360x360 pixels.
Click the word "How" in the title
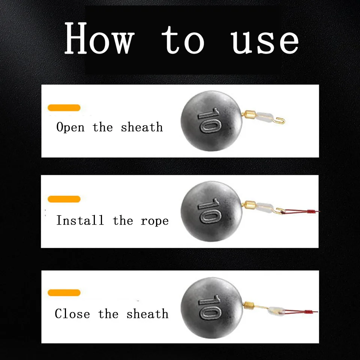(99, 38)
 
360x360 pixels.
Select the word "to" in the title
(183, 40)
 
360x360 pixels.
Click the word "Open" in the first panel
(70, 127)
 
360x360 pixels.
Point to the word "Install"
(80, 220)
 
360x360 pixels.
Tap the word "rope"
(154, 222)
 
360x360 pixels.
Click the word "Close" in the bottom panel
(72, 313)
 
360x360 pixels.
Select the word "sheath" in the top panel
(142, 127)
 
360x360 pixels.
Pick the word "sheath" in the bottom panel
(147, 313)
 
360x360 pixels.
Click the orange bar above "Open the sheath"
(64, 108)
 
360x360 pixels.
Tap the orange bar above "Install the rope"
(64, 199)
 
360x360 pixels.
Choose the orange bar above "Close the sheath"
(64, 293)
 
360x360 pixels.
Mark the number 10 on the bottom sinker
(210, 307)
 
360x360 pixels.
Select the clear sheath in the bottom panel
(276, 310)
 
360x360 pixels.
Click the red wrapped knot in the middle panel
(310, 211)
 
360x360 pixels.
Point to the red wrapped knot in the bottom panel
(308, 312)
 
